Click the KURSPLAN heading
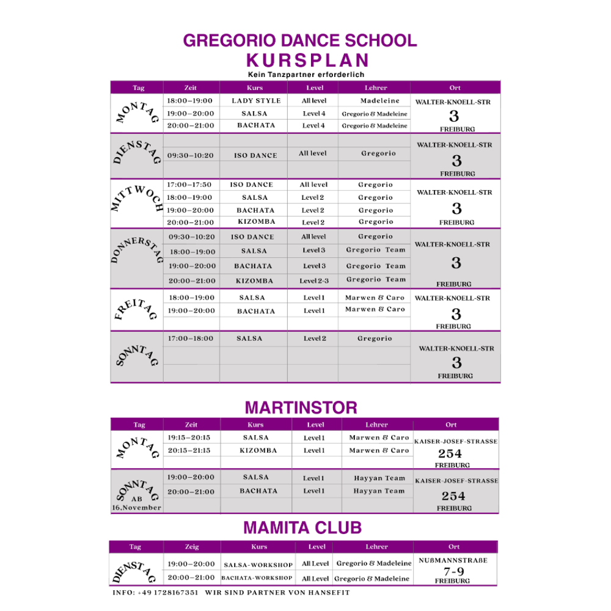pos(308,60)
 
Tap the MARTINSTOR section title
pos(301,408)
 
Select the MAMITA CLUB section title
pos(302,527)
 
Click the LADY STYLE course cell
pos(256,101)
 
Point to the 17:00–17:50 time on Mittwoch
pos(189,185)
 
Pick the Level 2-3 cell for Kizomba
pos(314,281)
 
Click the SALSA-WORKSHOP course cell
pos(258,565)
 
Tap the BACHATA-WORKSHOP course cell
pos(257,578)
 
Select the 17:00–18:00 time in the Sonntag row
pos(191,338)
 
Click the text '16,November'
pos(136,508)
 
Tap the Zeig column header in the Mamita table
pos(192,547)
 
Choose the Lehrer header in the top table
pos(376,88)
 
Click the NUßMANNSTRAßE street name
pos(453,560)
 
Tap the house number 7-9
pos(453,571)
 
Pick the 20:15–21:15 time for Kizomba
pos(189,450)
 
